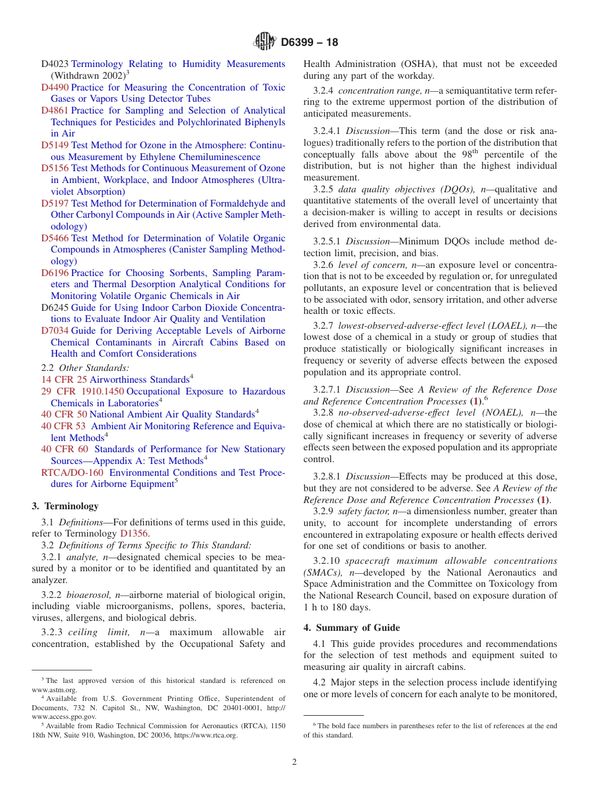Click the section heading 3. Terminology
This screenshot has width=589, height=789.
[x=65, y=506]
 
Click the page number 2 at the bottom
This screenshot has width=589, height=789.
[x=294, y=762]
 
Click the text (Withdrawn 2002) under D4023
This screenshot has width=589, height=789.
[x=87, y=76]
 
